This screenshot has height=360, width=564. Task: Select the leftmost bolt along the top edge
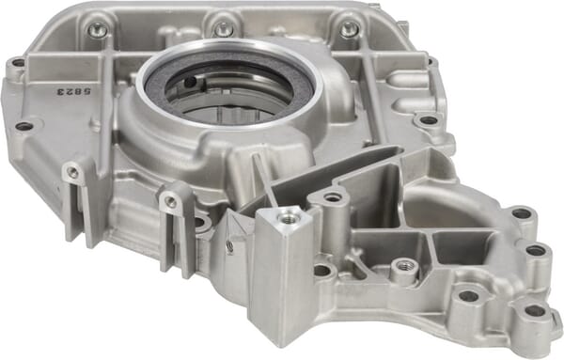[x=98, y=30]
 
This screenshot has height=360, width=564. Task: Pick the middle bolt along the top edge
[x=223, y=29]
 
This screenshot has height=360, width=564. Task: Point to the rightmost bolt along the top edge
[x=349, y=29]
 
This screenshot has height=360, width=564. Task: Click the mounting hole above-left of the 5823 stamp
[x=17, y=64]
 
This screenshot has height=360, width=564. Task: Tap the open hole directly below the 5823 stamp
[x=23, y=126]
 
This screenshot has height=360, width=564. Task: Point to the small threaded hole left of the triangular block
[x=229, y=246]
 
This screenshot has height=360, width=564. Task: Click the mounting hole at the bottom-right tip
[x=533, y=310]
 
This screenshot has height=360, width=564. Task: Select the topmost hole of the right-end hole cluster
[x=521, y=213]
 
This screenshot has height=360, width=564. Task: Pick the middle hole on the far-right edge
[x=535, y=250]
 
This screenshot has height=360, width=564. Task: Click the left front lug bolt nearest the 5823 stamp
[x=72, y=172]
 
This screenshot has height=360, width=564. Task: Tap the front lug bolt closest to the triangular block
[x=171, y=200]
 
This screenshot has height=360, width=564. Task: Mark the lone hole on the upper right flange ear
[x=428, y=120]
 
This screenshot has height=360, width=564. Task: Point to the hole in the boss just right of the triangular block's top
[x=332, y=197]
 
